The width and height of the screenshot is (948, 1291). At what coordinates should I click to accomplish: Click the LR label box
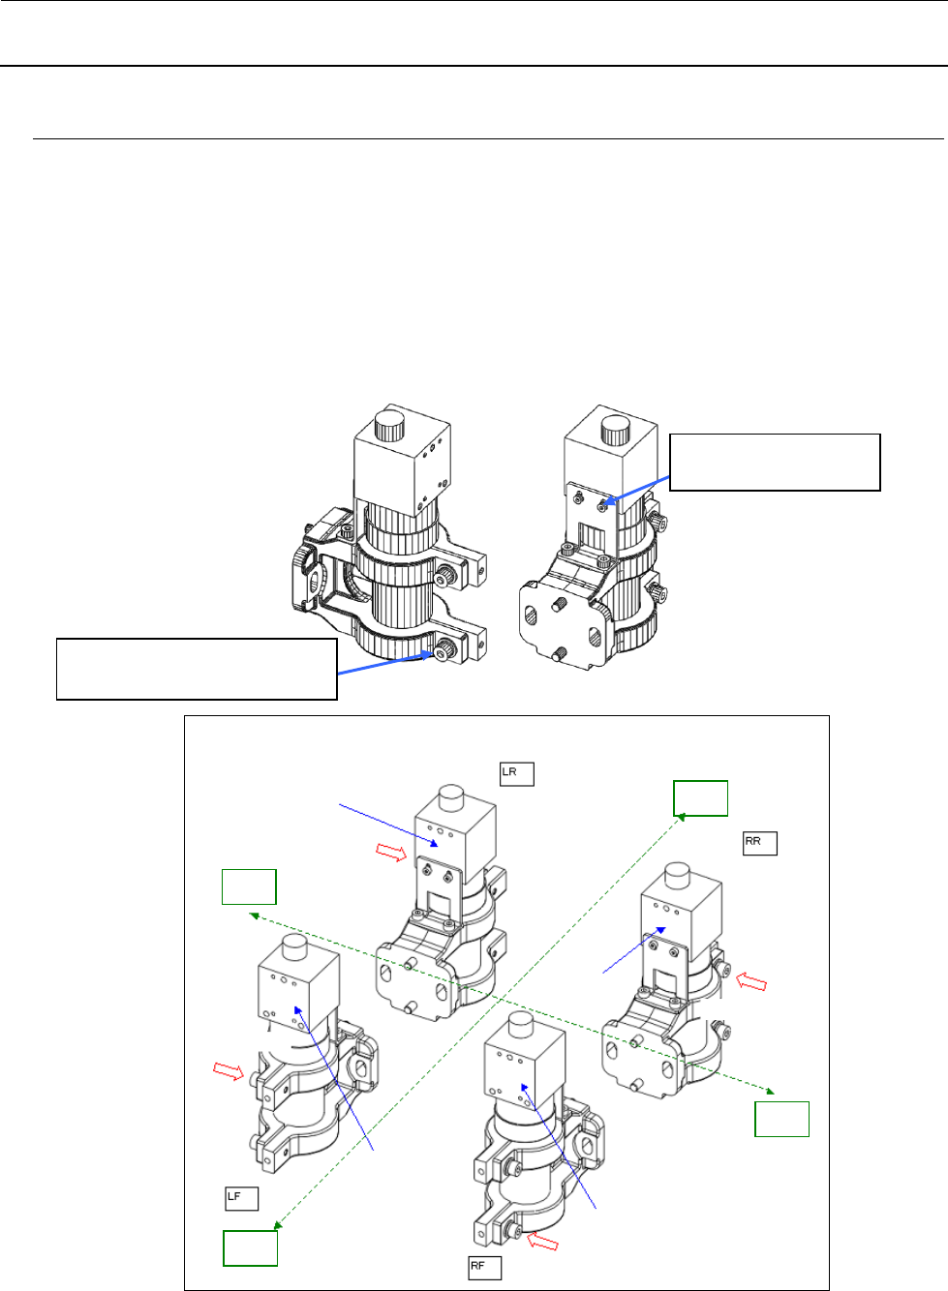pos(517,774)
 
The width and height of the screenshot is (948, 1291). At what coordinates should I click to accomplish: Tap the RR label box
pos(759,843)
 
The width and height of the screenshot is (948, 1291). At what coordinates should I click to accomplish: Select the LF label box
pos(241,1199)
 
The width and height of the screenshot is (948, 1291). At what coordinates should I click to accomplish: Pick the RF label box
pos(484,1268)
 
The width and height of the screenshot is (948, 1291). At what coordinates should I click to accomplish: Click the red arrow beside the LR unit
pos(391,853)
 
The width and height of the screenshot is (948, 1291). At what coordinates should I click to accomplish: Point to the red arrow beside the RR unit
pos(752,981)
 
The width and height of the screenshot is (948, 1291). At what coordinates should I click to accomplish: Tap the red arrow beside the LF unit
pos(229,1071)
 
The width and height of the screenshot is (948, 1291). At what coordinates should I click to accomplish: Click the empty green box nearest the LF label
pos(250,1248)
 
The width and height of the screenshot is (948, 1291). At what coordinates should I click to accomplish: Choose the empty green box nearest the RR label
pos(701,798)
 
